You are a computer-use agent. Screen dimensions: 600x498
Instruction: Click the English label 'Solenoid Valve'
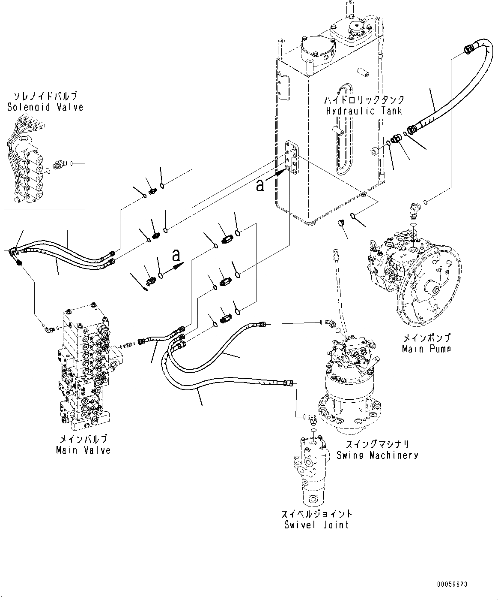click(x=45, y=107)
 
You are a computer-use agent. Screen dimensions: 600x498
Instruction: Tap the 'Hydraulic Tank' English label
click(x=364, y=111)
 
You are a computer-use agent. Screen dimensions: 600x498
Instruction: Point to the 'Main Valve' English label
click(x=83, y=450)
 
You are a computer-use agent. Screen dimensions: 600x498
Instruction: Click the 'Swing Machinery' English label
click(x=377, y=455)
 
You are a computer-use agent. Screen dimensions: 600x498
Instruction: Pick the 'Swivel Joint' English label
click(x=316, y=525)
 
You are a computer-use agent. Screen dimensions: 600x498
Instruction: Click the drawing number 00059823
click(x=452, y=584)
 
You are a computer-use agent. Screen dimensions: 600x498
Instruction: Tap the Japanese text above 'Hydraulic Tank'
click(x=364, y=100)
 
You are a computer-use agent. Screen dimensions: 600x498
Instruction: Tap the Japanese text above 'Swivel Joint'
click(x=316, y=514)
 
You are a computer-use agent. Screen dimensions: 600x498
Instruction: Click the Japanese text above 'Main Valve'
click(x=83, y=439)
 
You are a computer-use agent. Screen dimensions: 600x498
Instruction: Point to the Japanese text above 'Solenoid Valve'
click(x=45, y=96)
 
